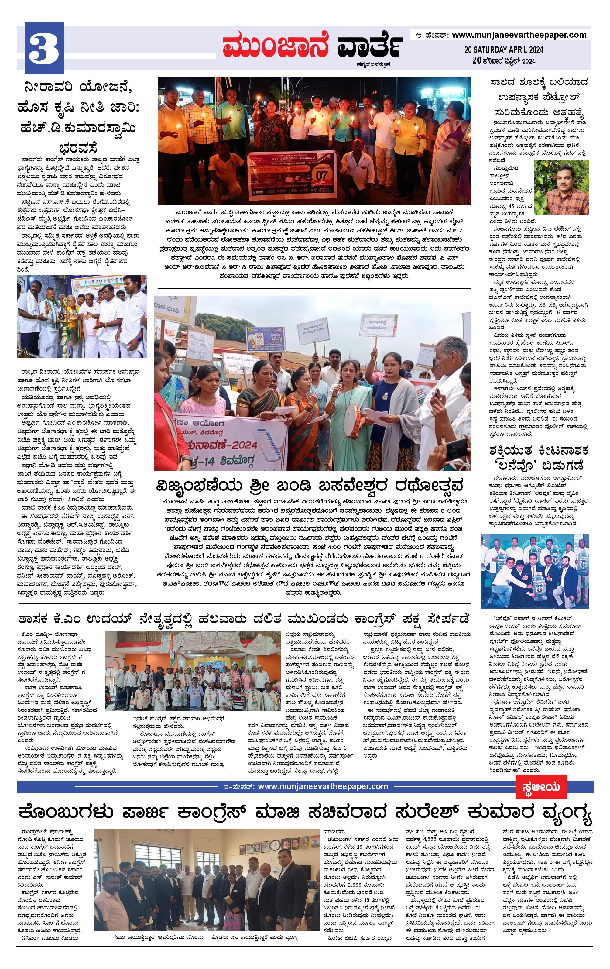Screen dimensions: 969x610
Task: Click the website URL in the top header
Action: (x=519, y=35)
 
